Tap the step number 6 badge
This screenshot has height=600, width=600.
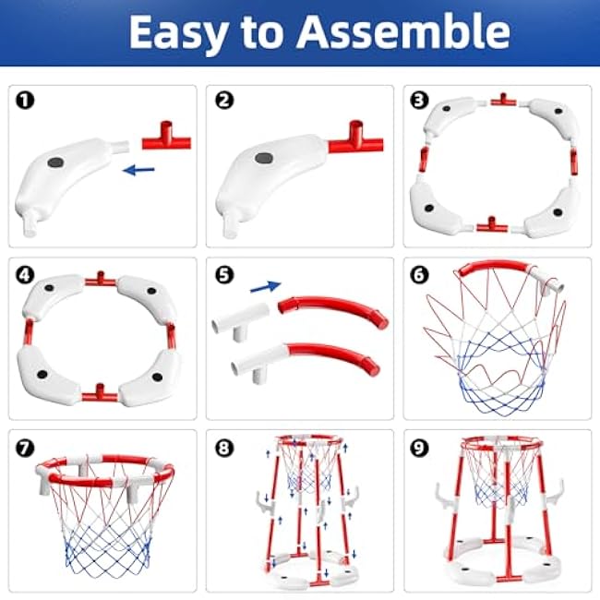[x=420, y=274]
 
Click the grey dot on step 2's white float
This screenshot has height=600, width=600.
[x=261, y=159]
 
